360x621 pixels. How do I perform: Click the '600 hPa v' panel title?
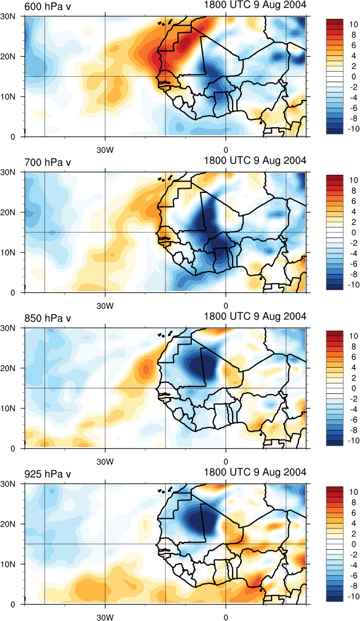click(48, 7)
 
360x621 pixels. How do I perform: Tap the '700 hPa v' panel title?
click(48, 163)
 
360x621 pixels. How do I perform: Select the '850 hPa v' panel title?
click(48, 318)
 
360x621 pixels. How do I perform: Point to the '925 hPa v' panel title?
click(48, 474)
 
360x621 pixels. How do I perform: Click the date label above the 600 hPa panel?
click(255, 5)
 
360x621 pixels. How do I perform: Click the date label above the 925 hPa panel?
click(255, 472)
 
